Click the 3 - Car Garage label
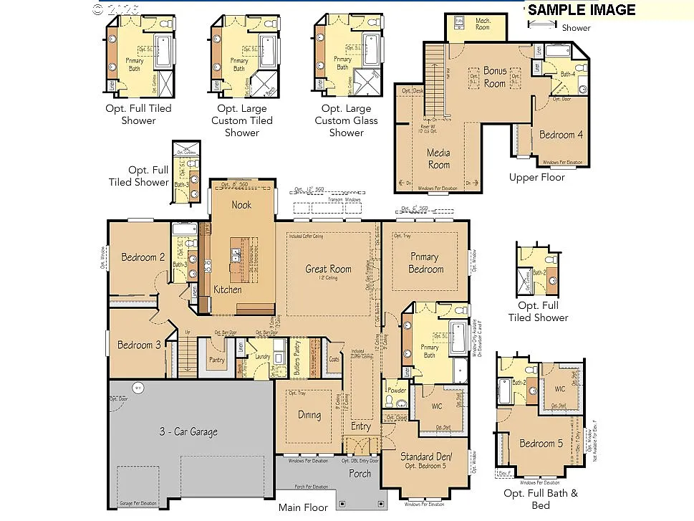pos(188,431)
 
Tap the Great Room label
pos(329,269)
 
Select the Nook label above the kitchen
pos(241,205)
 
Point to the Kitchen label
pos(227,290)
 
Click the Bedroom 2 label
pos(143,257)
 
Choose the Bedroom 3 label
pos(140,345)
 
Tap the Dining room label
pos(309,415)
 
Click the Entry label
pos(361,426)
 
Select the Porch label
pos(360,473)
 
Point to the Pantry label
pos(217,360)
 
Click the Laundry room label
pos(261,356)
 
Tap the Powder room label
pos(396,391)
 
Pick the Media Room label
pos(438,158)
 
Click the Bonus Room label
pos(494,77)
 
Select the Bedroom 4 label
pos(561,135)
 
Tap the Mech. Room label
pos(483,24)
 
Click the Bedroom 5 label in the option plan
pos(541,444)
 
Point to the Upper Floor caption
pos(536,177)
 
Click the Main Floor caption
pos(303,507)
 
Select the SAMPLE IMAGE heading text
pos(582,9)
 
